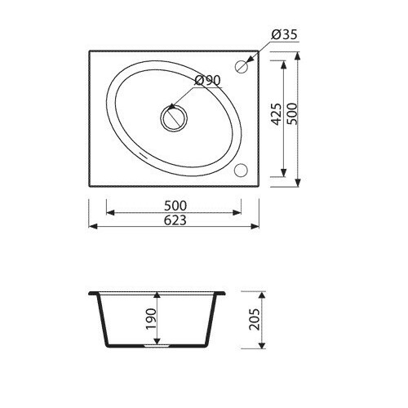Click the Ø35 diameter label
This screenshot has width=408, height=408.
pos(284,34)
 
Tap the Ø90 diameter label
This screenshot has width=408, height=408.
pos(208,80)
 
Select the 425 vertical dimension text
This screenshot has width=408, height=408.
pos(277,114)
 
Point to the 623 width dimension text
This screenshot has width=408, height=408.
pos(175,220)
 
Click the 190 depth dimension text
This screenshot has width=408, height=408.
pos(151,319)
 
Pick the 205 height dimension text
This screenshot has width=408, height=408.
pos(255,319)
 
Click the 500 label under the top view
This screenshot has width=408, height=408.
pos(175,206)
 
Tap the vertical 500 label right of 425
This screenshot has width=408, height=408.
pos(293,113)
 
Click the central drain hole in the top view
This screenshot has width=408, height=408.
pos(174,118)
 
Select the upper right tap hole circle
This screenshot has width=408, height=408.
pos(241,66)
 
